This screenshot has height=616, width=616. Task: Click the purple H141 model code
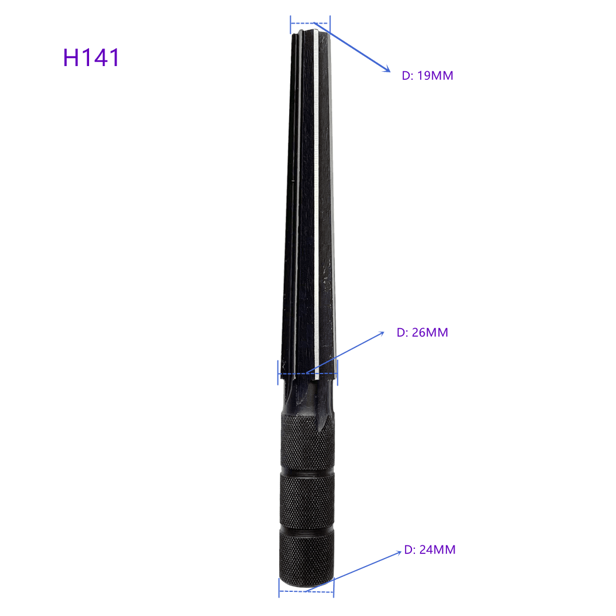click(x=91, y=57)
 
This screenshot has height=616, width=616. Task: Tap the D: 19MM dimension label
click(x=427, y=75)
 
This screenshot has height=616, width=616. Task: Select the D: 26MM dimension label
click(x=422, y=332)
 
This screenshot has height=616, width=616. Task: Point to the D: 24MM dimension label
click(x=429, y=550)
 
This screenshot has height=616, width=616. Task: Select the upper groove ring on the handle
click(x=307, y=473)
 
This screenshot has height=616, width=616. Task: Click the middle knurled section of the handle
click(x=307, y=500)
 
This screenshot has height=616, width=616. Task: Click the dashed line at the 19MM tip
click(x=310, y=24)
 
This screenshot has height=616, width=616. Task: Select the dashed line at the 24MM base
click(x=306, y=591)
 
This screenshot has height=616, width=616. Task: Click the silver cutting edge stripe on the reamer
click(x=317, y=201)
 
